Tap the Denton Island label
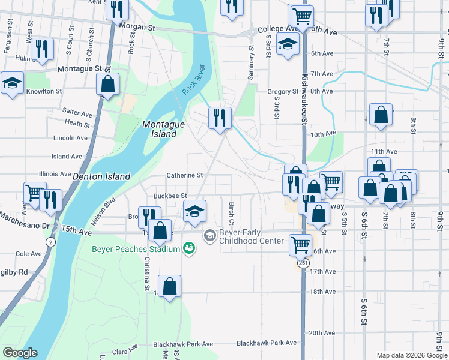click(x=101, y=176)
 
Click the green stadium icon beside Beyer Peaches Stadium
click(x=189, y=247)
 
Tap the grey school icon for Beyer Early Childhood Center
click(x=209, y=235)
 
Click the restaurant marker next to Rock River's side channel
click(x=220, y=118)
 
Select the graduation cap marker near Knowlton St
click(x=12, y=84)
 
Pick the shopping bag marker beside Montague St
click(x=107, y=85)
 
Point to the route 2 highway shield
click(x=50, y=241)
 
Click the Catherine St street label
click(x=185, y=175)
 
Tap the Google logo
click(x=20, y=353)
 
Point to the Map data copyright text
click(x=411, y=355)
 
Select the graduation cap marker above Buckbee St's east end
click(x=195, y=212)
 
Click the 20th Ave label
click(x=321, y=332)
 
